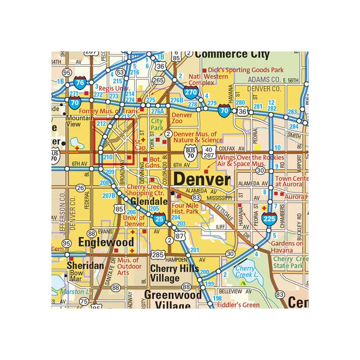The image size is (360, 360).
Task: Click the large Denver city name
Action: tap(201, 179)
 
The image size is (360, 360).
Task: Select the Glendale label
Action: tap(149, 201)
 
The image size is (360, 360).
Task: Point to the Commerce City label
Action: tap(232, 55)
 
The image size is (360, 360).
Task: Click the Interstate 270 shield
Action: tap(191, 93)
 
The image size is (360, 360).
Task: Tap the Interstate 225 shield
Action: tap(269, 218)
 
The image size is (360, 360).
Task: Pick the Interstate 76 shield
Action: tap(80, 82)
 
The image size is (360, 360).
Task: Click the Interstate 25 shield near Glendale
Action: tap(159, 220)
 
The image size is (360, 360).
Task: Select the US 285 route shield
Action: tap(158, 255)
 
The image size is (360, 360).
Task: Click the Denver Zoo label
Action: tap(182, 119)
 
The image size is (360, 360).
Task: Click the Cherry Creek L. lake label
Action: tap(245, 272)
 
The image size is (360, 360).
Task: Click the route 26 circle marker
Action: tap(80, 188)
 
